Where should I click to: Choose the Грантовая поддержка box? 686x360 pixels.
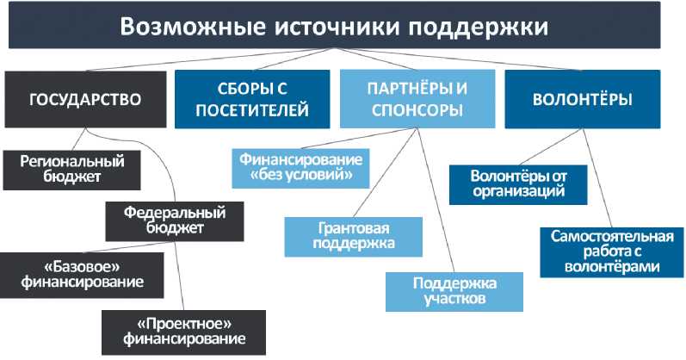click(355, 236)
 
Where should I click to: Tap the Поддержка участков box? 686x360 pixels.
click(454, 291)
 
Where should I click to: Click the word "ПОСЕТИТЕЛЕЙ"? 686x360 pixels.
click(251, 111)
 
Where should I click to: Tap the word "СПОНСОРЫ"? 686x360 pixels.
click(416, 111)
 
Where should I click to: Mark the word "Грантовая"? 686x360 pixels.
click(355, 228)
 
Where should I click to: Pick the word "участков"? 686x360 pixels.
click(454, 300)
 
